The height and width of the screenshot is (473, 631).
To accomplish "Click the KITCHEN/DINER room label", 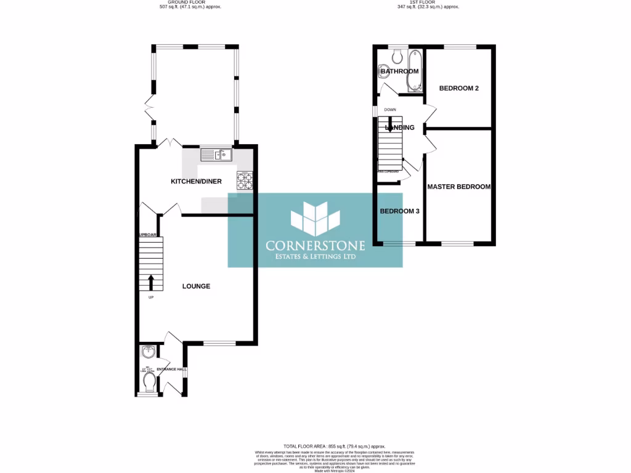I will click(x=196, y=182).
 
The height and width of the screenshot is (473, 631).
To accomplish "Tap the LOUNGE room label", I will click(x=196, y=286).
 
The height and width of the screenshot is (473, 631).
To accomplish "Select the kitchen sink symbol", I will click(x=215, y=155).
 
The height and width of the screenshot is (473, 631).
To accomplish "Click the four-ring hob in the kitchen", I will click(x=244, y=180).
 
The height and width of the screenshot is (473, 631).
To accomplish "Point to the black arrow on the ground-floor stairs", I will click(x=151, y=282).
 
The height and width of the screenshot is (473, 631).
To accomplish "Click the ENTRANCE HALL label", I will click(x=169, y=370).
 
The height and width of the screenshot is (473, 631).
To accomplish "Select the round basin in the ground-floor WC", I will click(x=148, y=352).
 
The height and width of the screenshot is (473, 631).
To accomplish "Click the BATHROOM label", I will click(x=399, y=71).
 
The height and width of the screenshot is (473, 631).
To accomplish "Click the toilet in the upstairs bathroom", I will click(x=397, y=56).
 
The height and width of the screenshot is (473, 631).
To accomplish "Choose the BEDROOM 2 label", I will click(x=458, y=88).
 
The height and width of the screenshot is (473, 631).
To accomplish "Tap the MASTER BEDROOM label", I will click(x=458, y=187).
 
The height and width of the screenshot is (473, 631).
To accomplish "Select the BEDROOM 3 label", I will click(x=399, y=211).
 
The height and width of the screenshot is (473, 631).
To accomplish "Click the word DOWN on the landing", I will click(x=390, y=110).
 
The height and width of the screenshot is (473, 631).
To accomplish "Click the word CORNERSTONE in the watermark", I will click(x=315, y=245).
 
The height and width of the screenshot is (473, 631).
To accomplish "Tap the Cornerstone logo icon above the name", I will click(x=315, y=219).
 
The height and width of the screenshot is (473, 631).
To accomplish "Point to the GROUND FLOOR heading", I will click(x=190, y=2).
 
